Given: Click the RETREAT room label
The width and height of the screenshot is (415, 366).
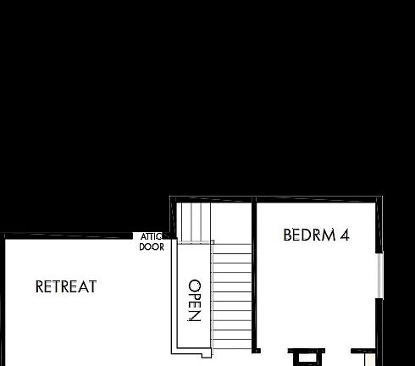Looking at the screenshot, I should tap(66, 287).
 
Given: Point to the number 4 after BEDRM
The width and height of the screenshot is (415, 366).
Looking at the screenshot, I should tap(344, 235).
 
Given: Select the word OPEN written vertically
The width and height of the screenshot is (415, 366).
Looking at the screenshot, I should tap(194, 301).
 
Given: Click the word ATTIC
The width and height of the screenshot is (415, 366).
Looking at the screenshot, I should tap(152, 238).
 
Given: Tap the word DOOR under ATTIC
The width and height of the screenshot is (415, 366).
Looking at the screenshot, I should tap(152, 247).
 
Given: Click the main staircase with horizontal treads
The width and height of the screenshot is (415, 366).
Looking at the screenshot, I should tap(230, 297).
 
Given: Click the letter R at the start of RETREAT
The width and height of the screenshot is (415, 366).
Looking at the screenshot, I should tap(40, 287).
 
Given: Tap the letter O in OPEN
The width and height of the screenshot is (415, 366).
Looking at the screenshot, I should tap(194, 286).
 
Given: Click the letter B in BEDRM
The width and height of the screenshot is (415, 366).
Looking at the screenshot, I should tap(288, 235).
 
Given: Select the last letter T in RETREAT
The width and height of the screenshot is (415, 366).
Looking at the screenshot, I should tap(92, 287).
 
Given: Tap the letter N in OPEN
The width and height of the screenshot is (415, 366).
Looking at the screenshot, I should tap(194, 317).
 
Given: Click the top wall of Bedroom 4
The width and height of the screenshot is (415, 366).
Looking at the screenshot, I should tap(313, 199).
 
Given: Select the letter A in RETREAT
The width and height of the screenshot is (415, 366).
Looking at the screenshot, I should tap(83, 287).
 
